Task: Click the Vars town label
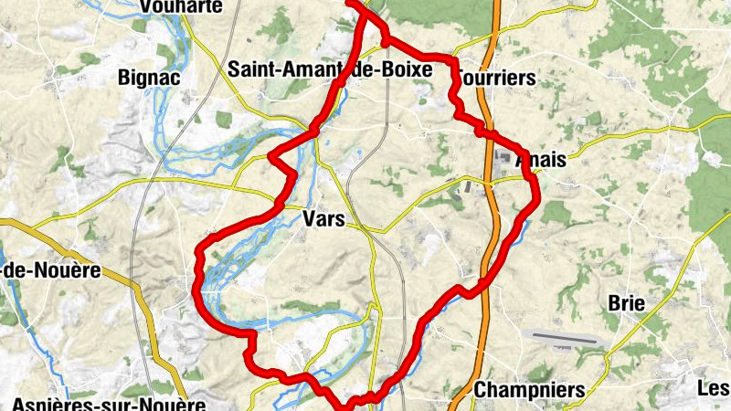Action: pos(323,218)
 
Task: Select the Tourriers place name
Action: pos(494,79)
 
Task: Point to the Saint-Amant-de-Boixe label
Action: pos(330,68)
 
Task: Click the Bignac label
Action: pos(148,78)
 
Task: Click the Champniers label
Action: pos(529,390)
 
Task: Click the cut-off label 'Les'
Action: pos(714,388)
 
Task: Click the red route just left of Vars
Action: pos(274,211)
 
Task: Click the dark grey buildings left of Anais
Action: pos(505,161)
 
